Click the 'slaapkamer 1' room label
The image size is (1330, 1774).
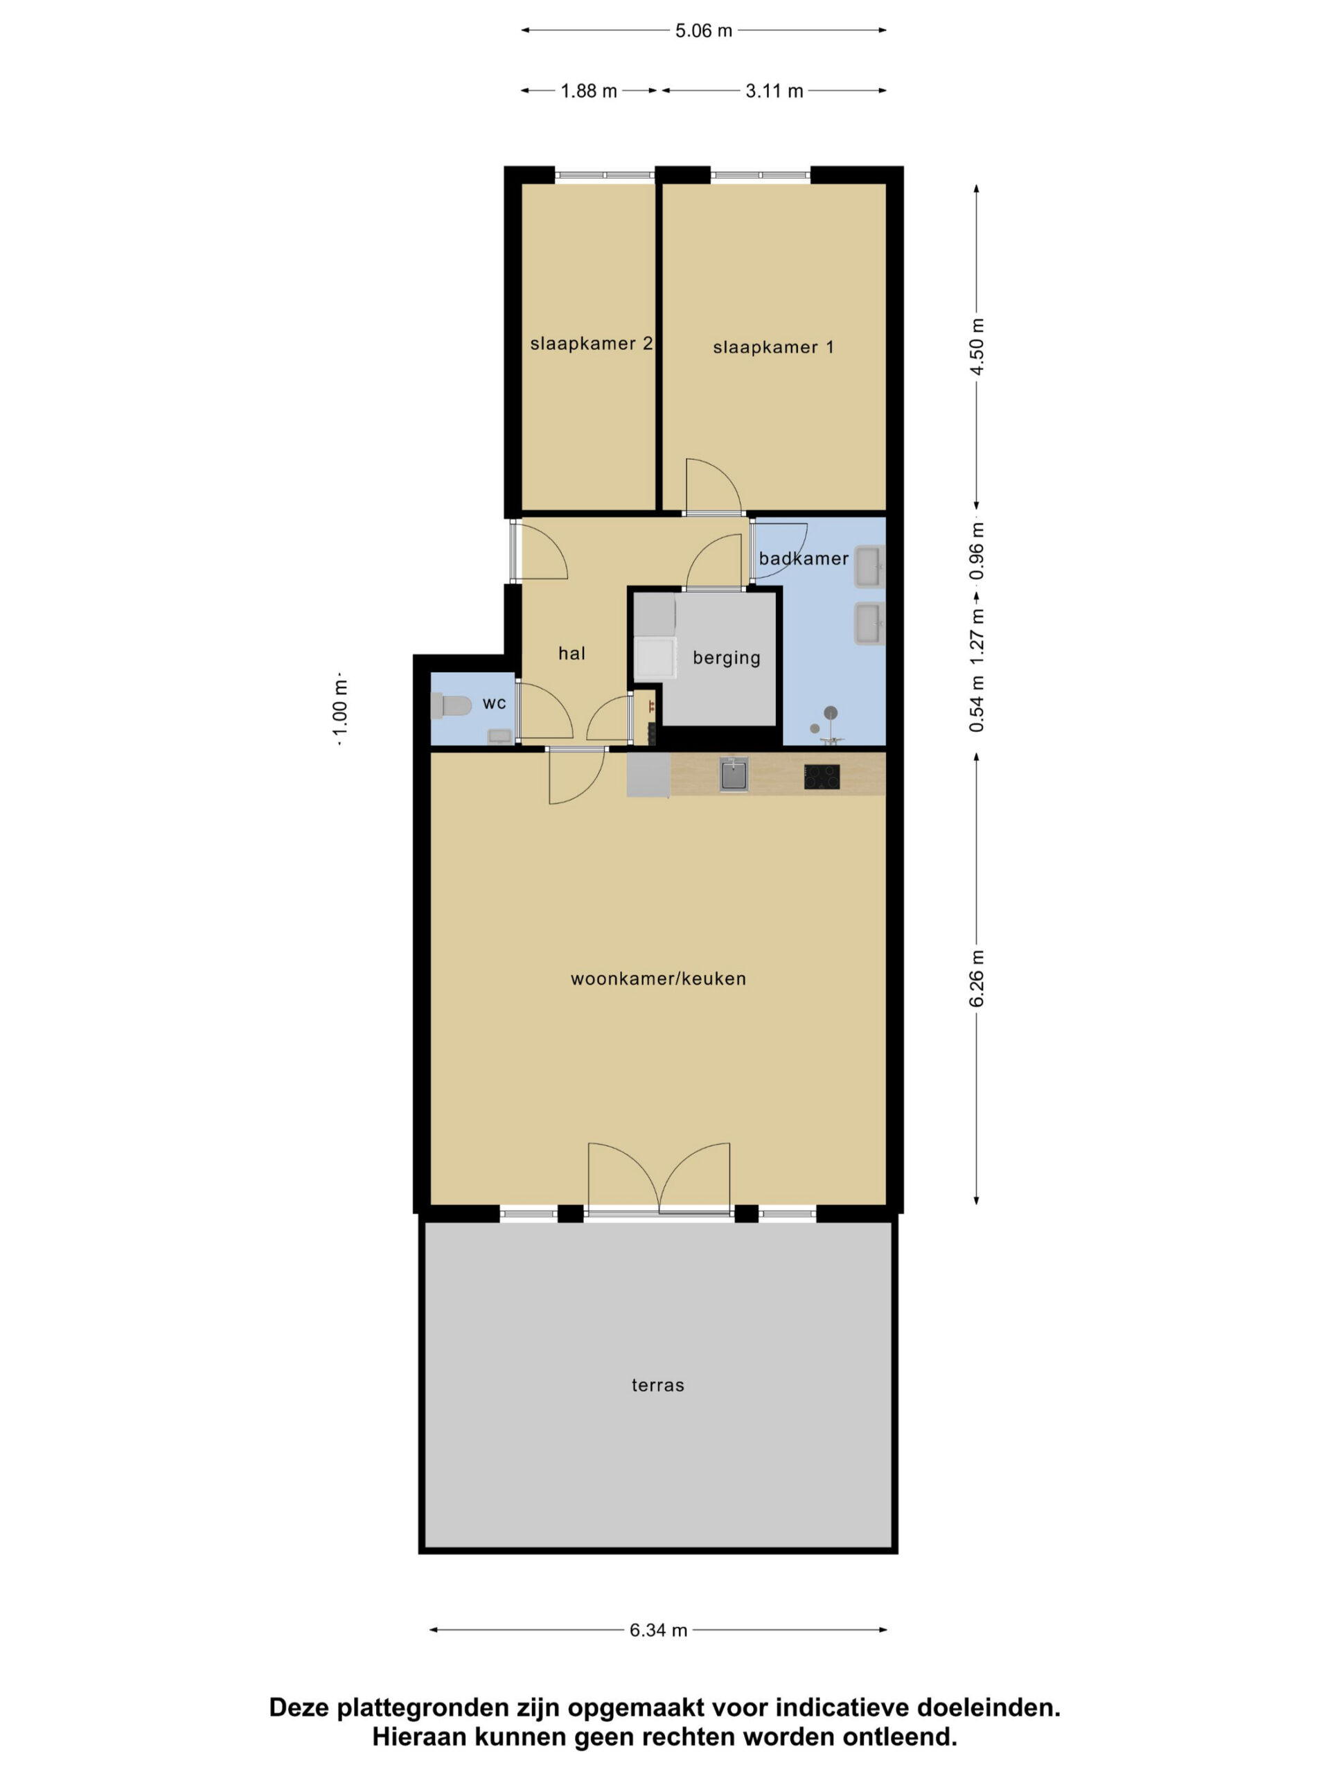[x=773, y=347]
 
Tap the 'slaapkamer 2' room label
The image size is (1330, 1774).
[x=592, y=344]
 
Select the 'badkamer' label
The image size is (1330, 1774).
[x=804, y=558]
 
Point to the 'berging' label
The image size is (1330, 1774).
[x=727, y=658]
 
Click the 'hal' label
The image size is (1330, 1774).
[x=571, y=653]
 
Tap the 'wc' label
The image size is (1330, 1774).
[x=494, y=703]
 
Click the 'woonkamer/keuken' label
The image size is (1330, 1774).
[x=658, y=978]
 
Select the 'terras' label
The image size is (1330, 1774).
[x=657, y=1385]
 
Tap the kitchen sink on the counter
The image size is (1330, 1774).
[x=734, y=775]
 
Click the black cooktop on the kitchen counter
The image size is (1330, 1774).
[x=822, y=776]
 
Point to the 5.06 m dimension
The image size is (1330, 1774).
[x=703, y=30]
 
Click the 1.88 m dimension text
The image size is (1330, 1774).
[x=588, y=91]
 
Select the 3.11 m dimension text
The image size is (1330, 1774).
[x=774, y=91]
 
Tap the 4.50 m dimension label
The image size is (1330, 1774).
[x=977, y=346]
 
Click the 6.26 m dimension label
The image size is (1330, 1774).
[x=977, y=978]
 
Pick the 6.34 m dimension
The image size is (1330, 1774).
[x=658, y=1630]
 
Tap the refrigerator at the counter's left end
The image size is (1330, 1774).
[x=648, y=775]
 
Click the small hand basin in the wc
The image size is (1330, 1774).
[x=500, y=735]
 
